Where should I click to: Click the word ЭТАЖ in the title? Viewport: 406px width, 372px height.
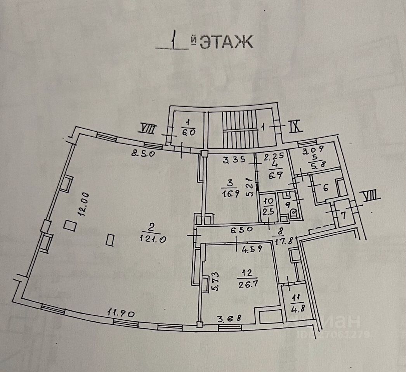[226, 42]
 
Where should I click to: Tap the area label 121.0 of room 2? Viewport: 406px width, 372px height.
[153, 239]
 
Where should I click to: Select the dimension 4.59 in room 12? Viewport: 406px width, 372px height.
[252, 249]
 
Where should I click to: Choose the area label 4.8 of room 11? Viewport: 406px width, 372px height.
[298, 309]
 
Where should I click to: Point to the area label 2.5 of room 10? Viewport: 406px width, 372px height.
[268, 212]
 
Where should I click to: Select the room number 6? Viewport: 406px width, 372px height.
[325, 188]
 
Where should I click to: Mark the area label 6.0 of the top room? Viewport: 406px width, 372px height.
[188, 132]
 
